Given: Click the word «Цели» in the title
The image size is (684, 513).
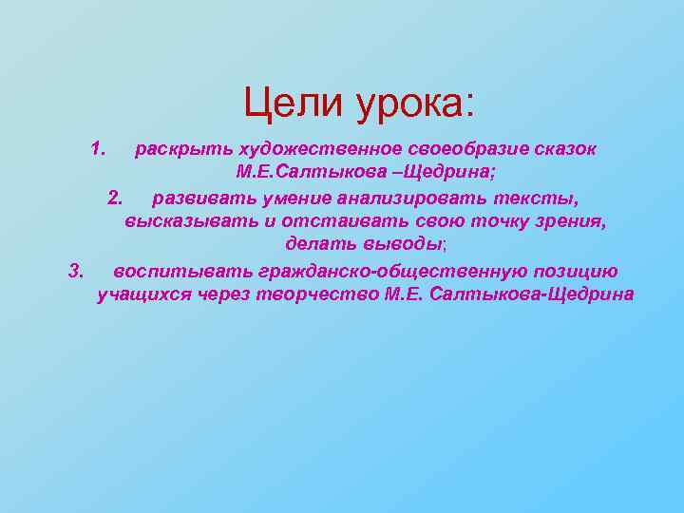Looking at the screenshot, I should (292, 103).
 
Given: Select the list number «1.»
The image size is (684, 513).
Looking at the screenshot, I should (100, 149).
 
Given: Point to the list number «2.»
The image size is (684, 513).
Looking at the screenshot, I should (116, 198).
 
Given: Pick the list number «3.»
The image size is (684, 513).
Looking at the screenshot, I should (77, 272).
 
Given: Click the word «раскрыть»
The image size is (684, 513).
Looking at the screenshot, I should (184, 150).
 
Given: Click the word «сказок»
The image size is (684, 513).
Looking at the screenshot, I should (564, 150).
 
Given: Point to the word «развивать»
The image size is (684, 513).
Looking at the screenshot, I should (196, 199).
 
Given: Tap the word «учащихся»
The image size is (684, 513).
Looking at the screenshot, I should (144, 295).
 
